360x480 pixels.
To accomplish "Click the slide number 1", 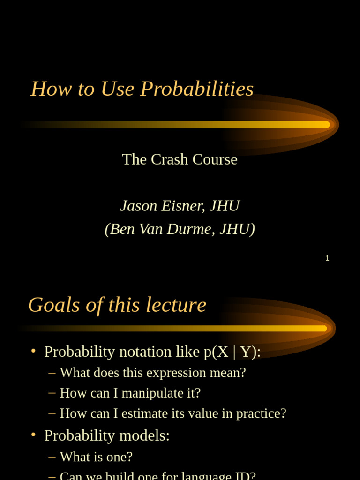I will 327,258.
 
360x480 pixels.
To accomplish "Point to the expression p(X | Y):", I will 232,352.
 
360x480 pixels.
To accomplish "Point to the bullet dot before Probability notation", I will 33,351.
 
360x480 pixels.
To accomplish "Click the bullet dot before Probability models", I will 33,435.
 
